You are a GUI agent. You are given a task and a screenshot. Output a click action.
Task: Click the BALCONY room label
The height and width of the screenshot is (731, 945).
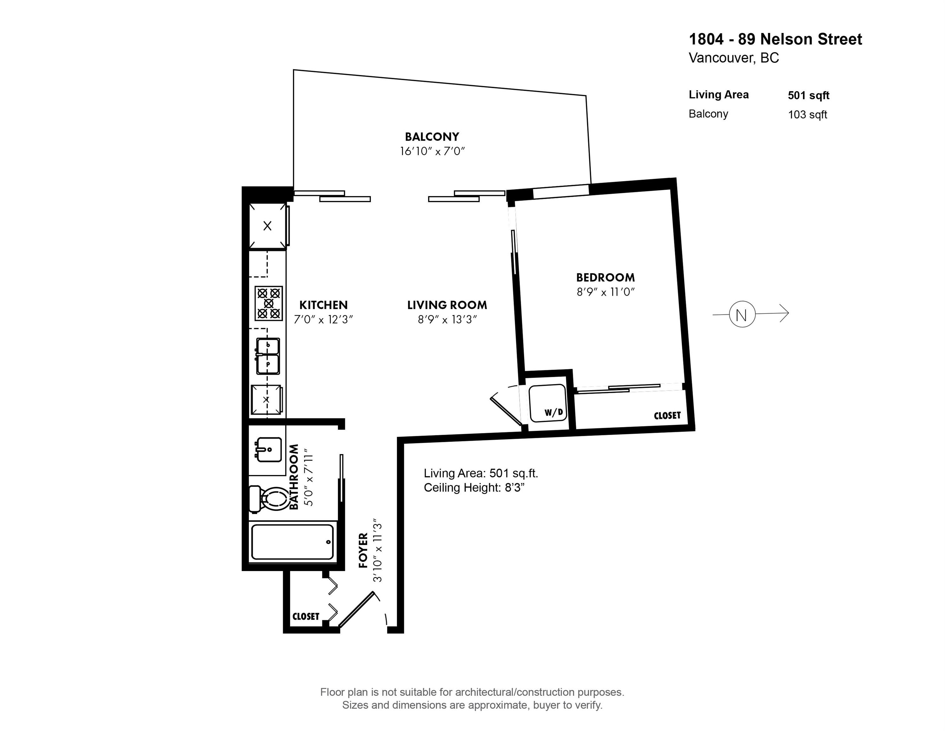(432, 137)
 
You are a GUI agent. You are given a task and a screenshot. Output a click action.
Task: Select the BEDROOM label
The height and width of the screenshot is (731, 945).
(605, 277)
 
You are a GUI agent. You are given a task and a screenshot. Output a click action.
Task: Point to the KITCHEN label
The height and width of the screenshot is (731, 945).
(323, 305)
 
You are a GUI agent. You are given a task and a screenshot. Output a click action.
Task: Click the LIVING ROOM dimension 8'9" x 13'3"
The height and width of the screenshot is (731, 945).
(447, 319)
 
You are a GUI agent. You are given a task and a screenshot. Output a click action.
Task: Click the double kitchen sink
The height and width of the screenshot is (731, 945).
(268, 356)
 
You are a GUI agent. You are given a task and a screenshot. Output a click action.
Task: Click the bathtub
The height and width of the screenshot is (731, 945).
(293, 542)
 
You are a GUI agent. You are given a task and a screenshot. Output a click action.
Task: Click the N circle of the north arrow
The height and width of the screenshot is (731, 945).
(742, 314)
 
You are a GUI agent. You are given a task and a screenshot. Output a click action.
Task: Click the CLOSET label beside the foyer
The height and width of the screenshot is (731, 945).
(306, 616)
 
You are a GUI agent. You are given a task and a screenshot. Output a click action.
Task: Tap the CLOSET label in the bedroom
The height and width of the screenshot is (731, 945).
(667, 416)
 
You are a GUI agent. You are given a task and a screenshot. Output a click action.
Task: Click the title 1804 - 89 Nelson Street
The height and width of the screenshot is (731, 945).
(775, 39)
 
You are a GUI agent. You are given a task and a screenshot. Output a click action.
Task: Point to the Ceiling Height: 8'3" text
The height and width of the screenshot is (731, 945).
(474, 488)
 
